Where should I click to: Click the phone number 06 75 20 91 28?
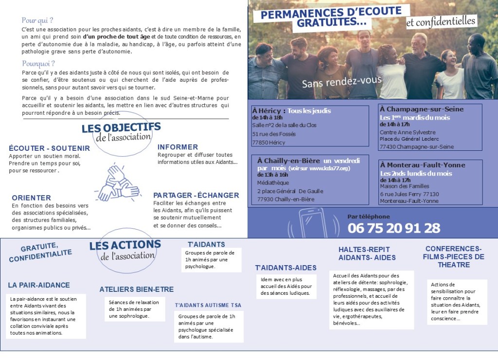click(393, 228)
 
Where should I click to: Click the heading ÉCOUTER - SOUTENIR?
click(49, 148)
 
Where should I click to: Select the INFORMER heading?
click(178, 147)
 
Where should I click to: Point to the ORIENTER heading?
click(31, 198)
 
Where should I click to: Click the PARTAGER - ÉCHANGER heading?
click(196, 195)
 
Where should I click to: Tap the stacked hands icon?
click(117, 183)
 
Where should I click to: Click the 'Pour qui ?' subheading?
click(37, 20)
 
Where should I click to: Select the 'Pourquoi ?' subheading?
click(38, 64)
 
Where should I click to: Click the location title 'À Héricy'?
click(268, 110)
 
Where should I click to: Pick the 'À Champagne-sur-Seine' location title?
click(422, 109)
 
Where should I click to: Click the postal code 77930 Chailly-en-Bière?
click(285, 199)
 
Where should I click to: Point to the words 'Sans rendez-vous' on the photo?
click(341, 81)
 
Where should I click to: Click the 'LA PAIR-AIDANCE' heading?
click(39, 285)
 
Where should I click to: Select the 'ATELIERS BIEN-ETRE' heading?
click(136, 289)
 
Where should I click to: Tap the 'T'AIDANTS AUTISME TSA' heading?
click(208, 305)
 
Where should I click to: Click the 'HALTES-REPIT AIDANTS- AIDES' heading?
click(367, 253)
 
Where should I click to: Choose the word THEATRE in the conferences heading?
click(453, 265)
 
